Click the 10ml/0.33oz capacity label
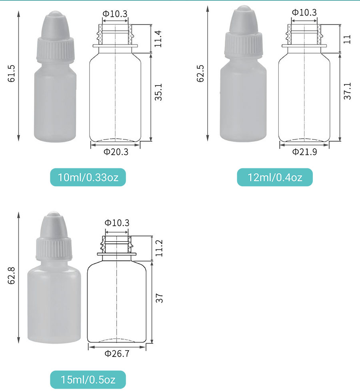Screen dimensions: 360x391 pyautogui.click(x=88, y=177)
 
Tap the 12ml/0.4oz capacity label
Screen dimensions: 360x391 pyautogui.click(x=275, y=177)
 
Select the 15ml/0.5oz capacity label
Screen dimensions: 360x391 pyautogui.click(x=88, y=380)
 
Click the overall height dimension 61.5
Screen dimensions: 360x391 pyautogui.click(x=12, y=74)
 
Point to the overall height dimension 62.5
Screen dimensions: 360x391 pyautogui.click(x=200, y=74)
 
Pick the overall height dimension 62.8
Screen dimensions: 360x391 pyautogui.click(x=12, y=275)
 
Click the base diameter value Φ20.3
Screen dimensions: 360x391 pyautogui.click(x=116, y=152)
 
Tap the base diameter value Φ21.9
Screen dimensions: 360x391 pyautogui.click(x=305, y=152)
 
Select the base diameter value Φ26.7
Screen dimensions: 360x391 pyautogui.click(x=117, y=353)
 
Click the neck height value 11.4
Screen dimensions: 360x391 pyautogui.click(x=158, y=39)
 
